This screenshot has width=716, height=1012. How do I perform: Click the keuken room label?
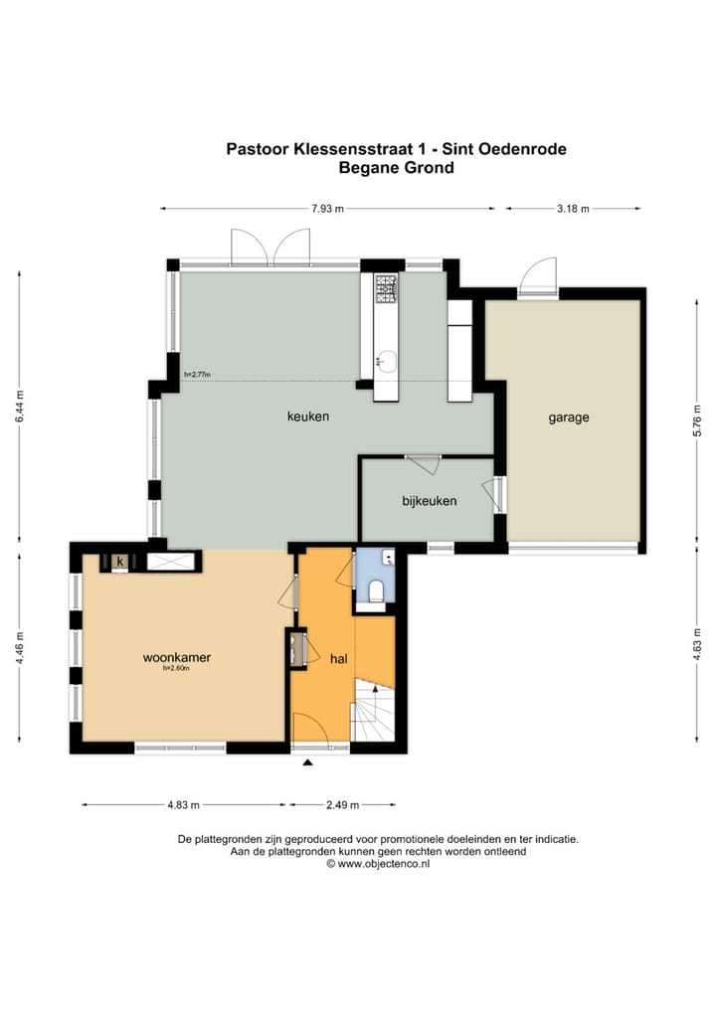[x=308, y=417]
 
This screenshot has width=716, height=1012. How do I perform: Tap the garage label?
[x=569, y=418]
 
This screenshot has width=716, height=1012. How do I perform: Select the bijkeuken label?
[x=430, y=501]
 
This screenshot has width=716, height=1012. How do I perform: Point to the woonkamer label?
[x=177, y=658]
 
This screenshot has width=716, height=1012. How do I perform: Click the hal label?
[x=339, y=658]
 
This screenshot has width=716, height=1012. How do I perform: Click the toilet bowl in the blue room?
[x=376, y=590]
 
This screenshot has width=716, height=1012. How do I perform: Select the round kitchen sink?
[x=387, y=360]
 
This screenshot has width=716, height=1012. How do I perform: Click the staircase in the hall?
[x=373, y=710]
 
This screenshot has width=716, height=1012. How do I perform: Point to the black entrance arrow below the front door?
[x=308, y=762]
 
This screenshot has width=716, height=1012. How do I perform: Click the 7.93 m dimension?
[x=327, y=209]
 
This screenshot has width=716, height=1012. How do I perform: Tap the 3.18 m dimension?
[x=574, y=209]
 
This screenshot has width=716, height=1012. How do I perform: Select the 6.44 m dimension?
[x=19, y=407]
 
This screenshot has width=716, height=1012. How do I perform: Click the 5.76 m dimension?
[x=697, y=421]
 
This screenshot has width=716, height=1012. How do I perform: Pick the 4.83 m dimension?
[x=184, y=805]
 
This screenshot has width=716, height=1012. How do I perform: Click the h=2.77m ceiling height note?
[x=198, y=375]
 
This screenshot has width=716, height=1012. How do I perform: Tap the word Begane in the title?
[x=369, y=168]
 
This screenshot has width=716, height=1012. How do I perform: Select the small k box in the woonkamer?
[x=119, y=562]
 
